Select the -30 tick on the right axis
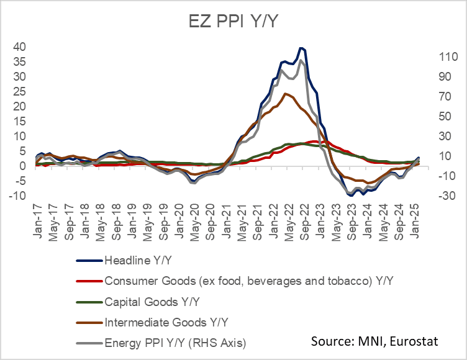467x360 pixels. pos(449,196)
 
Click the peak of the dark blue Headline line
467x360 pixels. pos(301,48)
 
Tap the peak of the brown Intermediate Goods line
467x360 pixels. pos(285,94)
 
